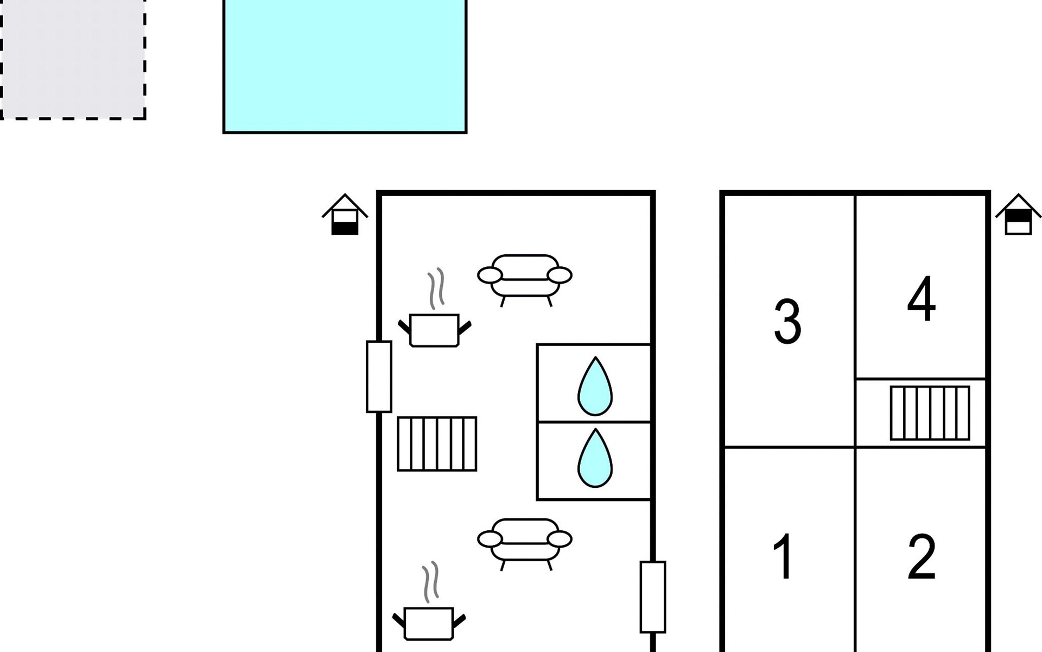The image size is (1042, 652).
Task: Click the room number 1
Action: click(784, 557)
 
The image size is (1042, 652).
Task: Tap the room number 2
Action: click(922, 557)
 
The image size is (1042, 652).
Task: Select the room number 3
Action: click(787, 322)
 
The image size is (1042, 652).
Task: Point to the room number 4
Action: click(922, 299)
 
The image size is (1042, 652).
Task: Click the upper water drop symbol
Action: click(595, 386)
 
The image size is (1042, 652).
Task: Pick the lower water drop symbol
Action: click(595, 459)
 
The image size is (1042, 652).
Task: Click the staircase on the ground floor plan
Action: click(437, 443)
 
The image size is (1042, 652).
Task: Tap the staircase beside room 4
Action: click(930, 413)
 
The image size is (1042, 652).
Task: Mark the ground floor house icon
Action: click(345, 215)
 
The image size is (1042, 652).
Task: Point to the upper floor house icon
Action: click(1018, 215)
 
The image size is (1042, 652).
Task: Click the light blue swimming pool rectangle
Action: click(345, 65)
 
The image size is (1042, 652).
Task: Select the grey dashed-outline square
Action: click(72, 59)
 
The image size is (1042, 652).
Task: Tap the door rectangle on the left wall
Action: click(379, 377)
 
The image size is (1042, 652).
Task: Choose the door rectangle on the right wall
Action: click(653, 597)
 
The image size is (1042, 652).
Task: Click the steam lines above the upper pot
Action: click(436, 289)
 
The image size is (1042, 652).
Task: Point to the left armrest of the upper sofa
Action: click(490, 275)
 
